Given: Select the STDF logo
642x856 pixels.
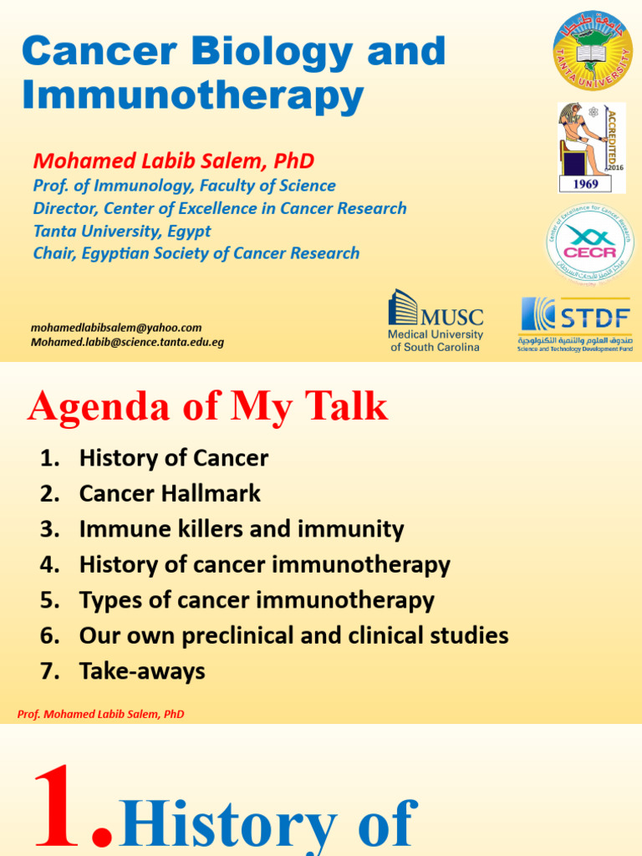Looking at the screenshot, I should [x=575, y=324].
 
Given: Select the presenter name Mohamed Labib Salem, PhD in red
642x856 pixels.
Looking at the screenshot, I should [x=173, y=160].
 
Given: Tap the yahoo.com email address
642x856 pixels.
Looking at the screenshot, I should [x=116, y=328].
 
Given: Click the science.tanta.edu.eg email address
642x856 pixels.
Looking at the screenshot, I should [x=127, y=342].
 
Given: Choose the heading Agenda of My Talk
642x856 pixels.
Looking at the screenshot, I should [x=207, y=406].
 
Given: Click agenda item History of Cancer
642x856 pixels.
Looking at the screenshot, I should [x=173, y=458].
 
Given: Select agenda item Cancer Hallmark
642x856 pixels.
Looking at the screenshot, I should [x=170, y=493].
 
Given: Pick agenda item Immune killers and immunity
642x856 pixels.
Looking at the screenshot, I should [x=241, y=529].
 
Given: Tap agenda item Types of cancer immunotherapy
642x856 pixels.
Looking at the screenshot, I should [x=257, y=600].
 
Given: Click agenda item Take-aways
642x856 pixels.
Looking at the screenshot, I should [x=141, y=671].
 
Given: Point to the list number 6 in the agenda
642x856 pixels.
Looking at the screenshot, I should [x=47, y=636].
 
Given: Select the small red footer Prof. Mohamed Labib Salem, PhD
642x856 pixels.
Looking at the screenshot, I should [x=100, y=714].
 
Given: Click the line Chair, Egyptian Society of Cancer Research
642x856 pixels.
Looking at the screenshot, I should [x=196, y=253].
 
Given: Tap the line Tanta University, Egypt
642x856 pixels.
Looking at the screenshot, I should [x=122, y=231].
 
